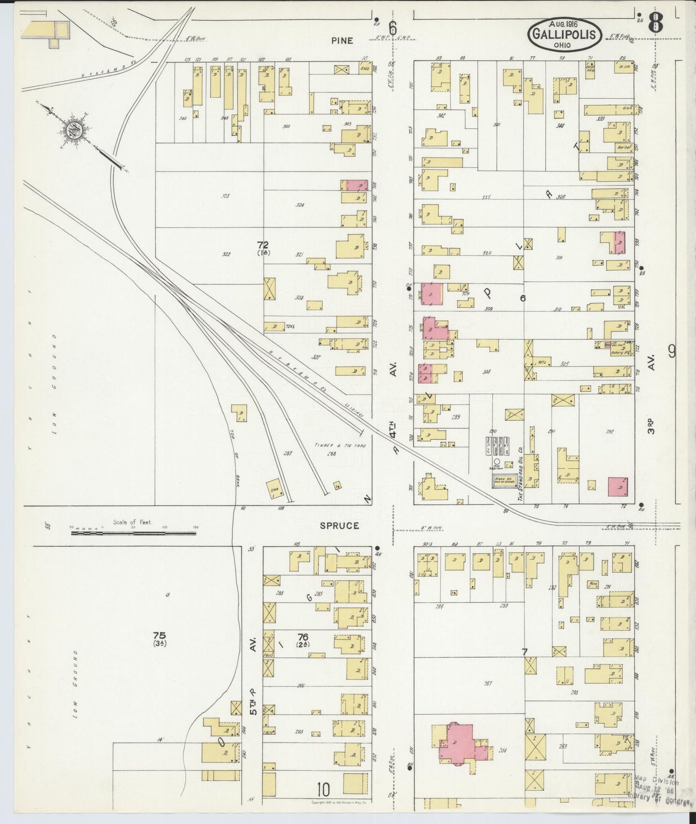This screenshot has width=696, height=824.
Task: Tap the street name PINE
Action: tap(341, 40)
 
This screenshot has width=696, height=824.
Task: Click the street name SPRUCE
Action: tap(340, 525)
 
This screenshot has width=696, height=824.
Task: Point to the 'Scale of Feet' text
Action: tap(132, 521)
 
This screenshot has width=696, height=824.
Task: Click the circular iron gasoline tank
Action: tap(497, 461)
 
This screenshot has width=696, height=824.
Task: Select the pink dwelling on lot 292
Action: tap(617, 487)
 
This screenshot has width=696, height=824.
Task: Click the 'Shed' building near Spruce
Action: tap(275, 487)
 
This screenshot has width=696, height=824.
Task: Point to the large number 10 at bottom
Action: tap(324, 790)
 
